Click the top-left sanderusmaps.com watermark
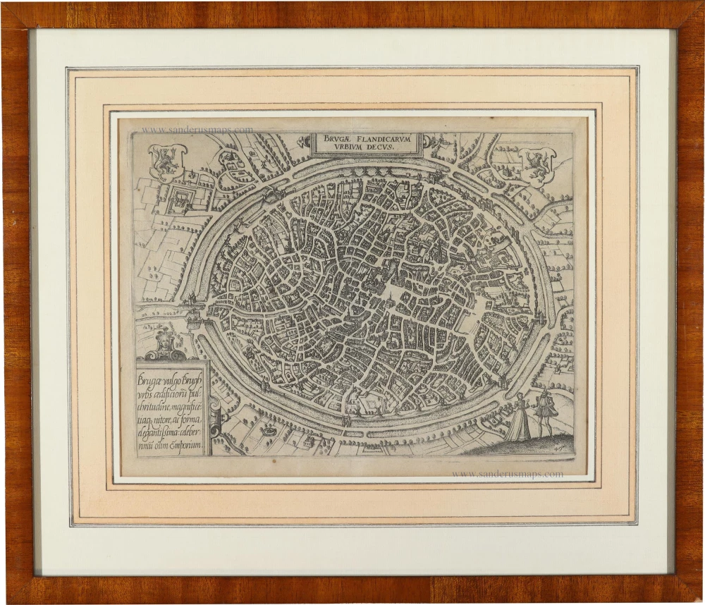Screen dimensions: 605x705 (x=197, y=130)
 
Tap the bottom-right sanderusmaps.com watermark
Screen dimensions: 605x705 (x=507, y=474)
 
